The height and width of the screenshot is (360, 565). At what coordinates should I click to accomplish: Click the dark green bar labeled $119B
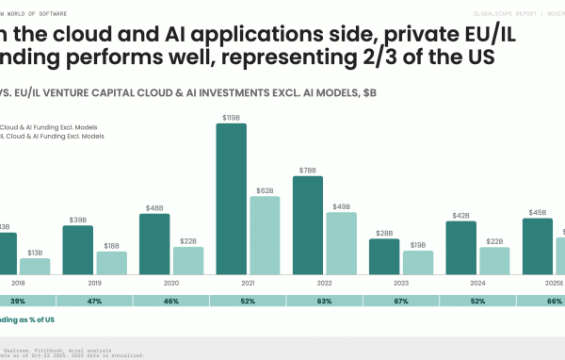(232, 199)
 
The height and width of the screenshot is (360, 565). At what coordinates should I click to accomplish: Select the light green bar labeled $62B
(265, 235)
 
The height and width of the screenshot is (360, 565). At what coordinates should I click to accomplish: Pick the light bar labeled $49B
(341, 243)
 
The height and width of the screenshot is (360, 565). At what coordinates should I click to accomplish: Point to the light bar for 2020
(187, 260)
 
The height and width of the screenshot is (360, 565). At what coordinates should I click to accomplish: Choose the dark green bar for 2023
(384, 256)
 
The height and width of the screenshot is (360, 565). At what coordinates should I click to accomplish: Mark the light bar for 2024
(494, 260)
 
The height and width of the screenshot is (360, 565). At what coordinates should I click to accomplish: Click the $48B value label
(154, 207)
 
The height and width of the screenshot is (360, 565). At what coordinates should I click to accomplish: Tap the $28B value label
(384, 233)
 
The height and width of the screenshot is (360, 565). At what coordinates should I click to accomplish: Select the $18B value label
(111, 245)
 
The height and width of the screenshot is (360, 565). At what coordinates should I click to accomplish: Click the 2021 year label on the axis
(248, 283)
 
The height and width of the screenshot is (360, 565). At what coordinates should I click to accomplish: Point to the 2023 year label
(401, 283)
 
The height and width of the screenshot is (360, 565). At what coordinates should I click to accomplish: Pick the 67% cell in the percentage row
(401, 301)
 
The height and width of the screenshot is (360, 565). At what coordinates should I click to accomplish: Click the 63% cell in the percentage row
(324, 301)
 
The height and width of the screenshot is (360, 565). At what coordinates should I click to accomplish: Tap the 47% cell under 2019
(94, 301)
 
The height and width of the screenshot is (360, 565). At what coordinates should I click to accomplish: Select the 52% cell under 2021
(248, 301)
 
